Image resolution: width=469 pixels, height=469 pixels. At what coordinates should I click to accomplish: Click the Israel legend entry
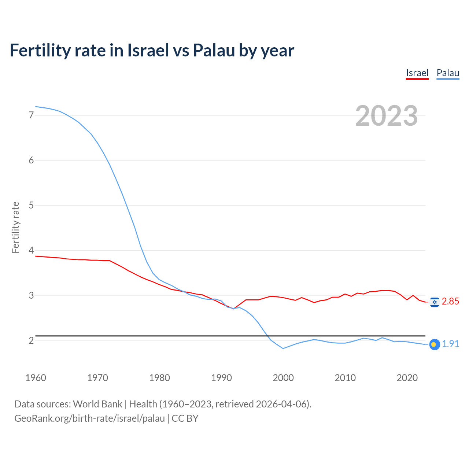tap(417, 73)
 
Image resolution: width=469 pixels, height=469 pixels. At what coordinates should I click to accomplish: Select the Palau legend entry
tap(448, 73)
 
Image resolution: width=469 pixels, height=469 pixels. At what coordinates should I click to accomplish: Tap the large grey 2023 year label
tap(386, 116)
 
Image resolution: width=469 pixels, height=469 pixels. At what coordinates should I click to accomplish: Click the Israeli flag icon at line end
tap(435, 302)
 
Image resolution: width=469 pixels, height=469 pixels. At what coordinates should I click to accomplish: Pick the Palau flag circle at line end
tap(434, 344)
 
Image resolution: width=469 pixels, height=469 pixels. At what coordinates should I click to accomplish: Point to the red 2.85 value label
tap(450, 302)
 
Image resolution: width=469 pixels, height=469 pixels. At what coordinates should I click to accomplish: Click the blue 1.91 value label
tap(450, 344)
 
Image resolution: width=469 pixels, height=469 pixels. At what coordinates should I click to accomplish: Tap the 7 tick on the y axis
tap(31, 115)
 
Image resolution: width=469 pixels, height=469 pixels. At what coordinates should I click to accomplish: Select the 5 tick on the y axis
tap(31, 205)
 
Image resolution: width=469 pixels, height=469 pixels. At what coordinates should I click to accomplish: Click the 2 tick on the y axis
tap(31, 340)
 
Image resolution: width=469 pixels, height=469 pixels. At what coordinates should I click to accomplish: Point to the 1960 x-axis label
tap(36, 378)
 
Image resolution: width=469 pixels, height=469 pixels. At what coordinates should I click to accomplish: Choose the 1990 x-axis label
tap(221, 378)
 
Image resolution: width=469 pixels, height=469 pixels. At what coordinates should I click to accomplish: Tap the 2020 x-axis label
tap(407, 378)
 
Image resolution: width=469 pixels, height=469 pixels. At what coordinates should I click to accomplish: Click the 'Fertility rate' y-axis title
tap(15, 227)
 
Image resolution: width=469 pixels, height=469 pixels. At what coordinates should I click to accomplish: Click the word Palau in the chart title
tap(214, 50)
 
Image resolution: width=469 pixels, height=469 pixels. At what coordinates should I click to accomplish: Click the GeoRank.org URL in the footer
tap(89, 418)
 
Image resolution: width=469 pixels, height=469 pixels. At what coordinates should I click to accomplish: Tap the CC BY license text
tap(185, 418)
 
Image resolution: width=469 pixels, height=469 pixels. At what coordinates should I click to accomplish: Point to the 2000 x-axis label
tap(283, 378)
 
